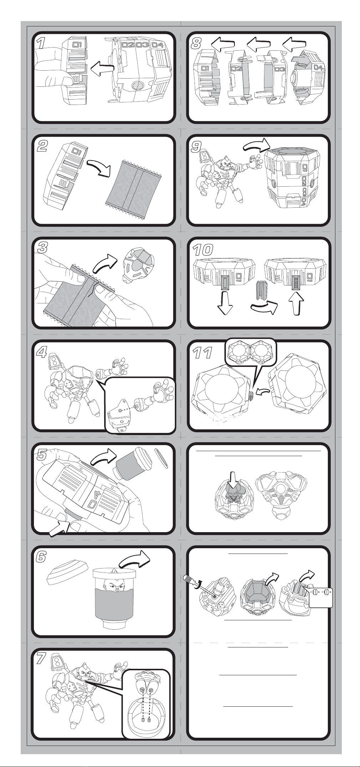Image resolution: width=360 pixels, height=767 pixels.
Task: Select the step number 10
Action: [203, 249]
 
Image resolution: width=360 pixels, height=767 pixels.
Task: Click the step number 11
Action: [202, 353]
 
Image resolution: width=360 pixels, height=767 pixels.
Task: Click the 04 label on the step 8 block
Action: [318, 67]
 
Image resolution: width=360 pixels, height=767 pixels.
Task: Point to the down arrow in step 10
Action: [225, 302]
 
